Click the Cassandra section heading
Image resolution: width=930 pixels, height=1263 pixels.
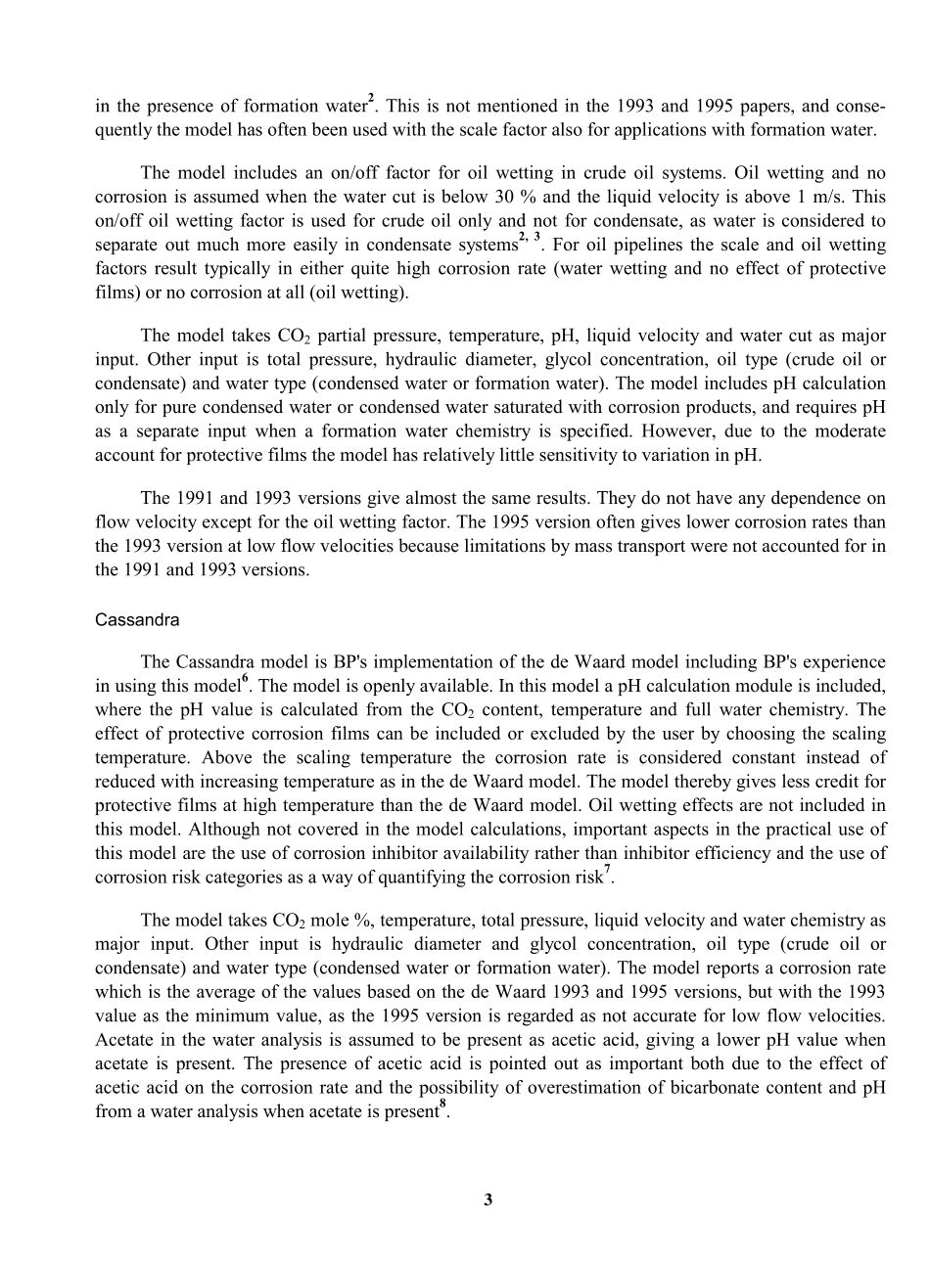point(137,620)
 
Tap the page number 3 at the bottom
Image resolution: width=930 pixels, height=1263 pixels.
point(488,1200)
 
